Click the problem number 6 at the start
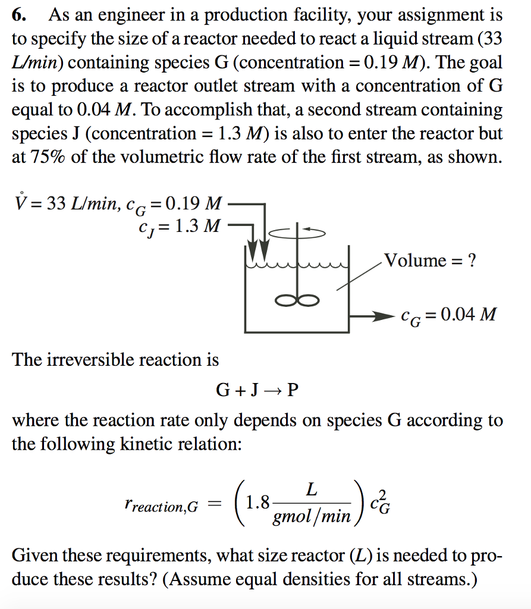(x=18, y=15)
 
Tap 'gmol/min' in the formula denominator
(x=311, y=516)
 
